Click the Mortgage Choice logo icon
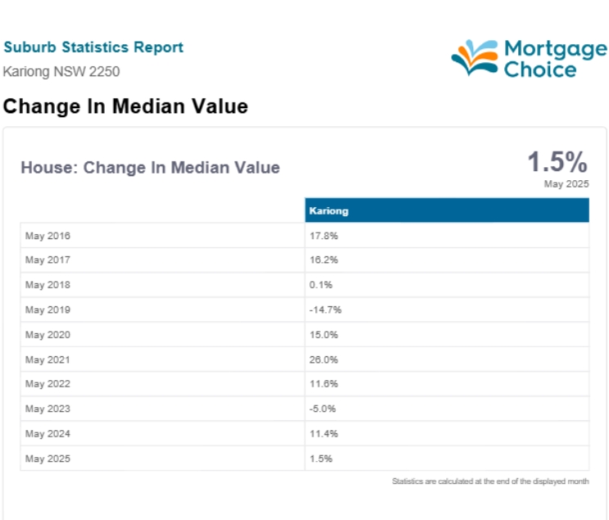[x=475, y=57]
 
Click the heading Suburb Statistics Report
[x=93, y=47]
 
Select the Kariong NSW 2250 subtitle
[x=61, y=71]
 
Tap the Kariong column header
[x=328, y=210]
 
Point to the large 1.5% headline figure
[x=557, y=161]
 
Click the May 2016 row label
[x=47, y=236]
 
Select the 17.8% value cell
[x=323, y=236]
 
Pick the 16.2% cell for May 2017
[x=323, y=260]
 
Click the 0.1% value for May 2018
[x=321, y=285]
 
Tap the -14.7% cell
[x=326, y=310]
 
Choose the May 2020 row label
[x=47, y=335]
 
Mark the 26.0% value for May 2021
[x=323, y=359]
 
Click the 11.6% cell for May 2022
[x=323, y=383]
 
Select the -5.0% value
[x=323, y=409]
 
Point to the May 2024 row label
[x=47, y=434]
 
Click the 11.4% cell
[x=323, y=434]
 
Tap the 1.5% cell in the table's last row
[x=321, y=459]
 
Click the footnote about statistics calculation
[x=490, y=482]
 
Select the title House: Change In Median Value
[x=151, y=168]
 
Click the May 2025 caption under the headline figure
[x=566, y=183]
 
